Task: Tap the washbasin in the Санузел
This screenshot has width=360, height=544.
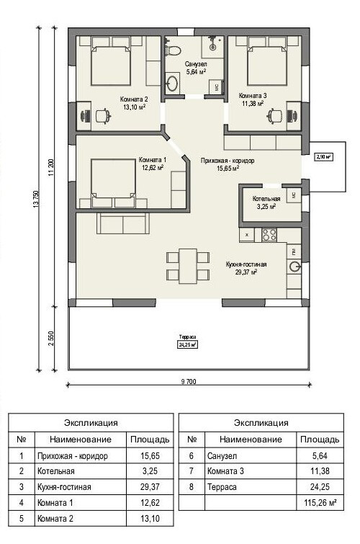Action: coord(172,83)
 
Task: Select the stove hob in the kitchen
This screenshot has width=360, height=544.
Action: coord(269,234)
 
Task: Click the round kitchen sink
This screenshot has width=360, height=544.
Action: coord(294,267)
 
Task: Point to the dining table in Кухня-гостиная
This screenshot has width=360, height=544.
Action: coord(188,266)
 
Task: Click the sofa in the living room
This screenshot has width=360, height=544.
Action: coord(123,223)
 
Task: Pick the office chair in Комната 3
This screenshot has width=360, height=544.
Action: coord(275,115)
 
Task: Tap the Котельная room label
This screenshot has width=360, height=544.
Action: coord(266,199)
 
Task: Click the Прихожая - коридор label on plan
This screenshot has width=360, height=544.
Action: coord(228,161)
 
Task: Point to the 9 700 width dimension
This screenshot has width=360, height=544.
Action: coord(189,382)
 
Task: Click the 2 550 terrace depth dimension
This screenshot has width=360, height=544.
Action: coord(51,338)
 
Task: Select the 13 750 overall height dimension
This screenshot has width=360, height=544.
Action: coord(35,199)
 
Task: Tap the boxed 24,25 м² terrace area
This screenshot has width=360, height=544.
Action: coord(188,345)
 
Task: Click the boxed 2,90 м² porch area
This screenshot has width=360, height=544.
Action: coord(323,157)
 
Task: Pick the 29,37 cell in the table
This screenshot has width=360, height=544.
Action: coord(150,487)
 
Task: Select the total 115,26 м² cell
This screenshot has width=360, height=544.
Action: coord(320,502)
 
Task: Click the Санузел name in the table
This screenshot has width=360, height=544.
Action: coord(222,455)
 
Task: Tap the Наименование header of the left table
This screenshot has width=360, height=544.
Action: coord(81,440)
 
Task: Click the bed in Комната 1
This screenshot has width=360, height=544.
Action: coord(113,183)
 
